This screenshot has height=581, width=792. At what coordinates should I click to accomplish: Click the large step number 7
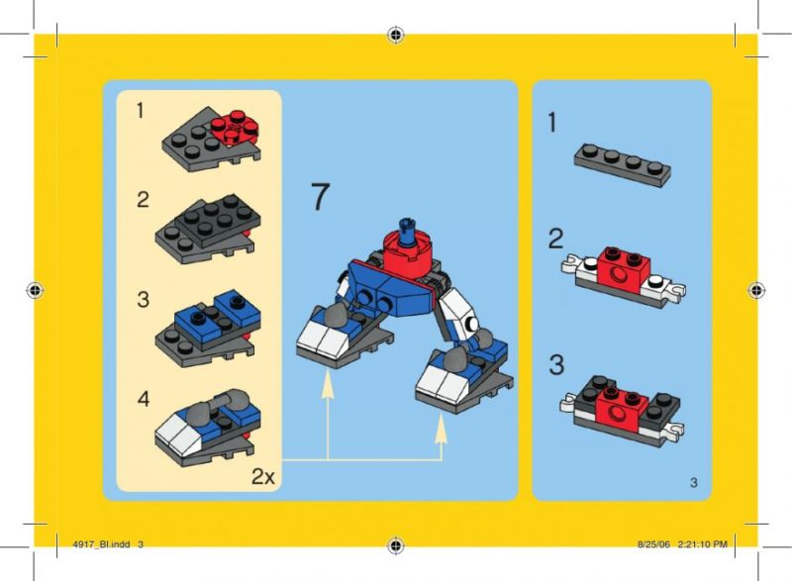(320, 196)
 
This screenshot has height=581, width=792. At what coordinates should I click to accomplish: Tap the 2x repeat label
(263, 476)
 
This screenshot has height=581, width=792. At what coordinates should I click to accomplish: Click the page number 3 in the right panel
(694, 483)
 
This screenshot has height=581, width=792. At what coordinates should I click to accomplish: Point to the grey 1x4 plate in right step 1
(623, 164)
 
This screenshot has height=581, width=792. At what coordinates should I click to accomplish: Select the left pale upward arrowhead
(328, 382)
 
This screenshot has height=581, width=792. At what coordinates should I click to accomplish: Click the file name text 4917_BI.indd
(101, 544)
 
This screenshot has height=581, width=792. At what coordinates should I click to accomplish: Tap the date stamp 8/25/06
(653, 544)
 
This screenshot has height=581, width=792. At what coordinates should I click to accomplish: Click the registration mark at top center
(396, 35)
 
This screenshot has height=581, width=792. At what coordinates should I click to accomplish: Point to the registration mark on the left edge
(35, 290)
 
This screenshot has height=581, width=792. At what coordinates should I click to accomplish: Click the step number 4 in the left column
(144, 399)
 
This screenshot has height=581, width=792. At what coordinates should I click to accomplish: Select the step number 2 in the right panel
(555, 239)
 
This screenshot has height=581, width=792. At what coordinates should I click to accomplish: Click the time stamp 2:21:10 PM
(702, 544)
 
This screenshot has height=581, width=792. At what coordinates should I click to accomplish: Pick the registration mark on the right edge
(756, 290)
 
